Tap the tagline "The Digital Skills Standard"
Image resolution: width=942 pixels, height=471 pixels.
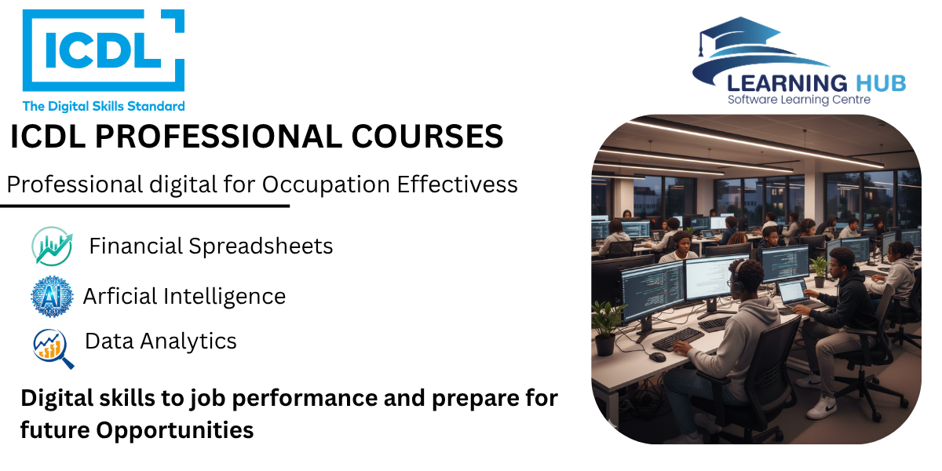point(104,106)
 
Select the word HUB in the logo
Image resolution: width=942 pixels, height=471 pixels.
point(881,83)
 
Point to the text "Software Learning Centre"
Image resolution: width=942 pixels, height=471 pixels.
point(799,100)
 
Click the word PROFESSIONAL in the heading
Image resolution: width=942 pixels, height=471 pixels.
point(219,137)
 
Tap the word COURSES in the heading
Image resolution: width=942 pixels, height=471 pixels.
point(427,137)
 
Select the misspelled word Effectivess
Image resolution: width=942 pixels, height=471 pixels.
point(457,184)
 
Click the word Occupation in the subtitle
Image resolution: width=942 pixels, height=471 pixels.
point(326,185)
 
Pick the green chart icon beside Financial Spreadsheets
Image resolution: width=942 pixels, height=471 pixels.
point(52,246)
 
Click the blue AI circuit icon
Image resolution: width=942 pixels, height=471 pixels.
point(52,297)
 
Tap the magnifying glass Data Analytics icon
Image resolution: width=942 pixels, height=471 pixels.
point(53,349)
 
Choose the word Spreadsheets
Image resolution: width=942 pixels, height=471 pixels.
point(261,246)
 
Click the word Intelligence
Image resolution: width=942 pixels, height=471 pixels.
point(225,297)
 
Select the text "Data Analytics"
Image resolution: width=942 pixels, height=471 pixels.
point(161,341)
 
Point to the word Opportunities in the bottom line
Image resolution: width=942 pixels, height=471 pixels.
point(174,431)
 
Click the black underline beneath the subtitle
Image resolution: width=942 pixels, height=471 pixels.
point(144,206)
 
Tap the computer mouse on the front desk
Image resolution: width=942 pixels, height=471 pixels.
point(657,357)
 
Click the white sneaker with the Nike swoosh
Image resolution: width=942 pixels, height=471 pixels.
point(822,407)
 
